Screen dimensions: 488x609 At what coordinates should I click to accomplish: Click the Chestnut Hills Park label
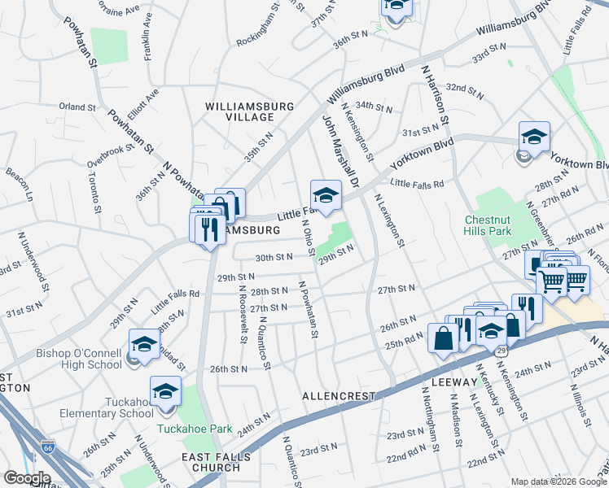pos(488,225)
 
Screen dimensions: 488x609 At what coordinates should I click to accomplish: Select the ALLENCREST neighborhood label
pos(339,396)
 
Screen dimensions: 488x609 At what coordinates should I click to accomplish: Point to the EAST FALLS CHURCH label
pos(210,462)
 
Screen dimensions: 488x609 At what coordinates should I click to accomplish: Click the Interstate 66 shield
pos(48,447)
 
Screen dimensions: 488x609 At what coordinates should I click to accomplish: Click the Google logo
pos(26,478)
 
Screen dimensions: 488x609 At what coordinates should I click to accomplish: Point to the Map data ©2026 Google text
pos(559,481)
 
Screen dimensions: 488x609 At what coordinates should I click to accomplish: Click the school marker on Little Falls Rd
pos(325,196)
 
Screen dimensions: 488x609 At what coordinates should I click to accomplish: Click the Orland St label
pos(77,107)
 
